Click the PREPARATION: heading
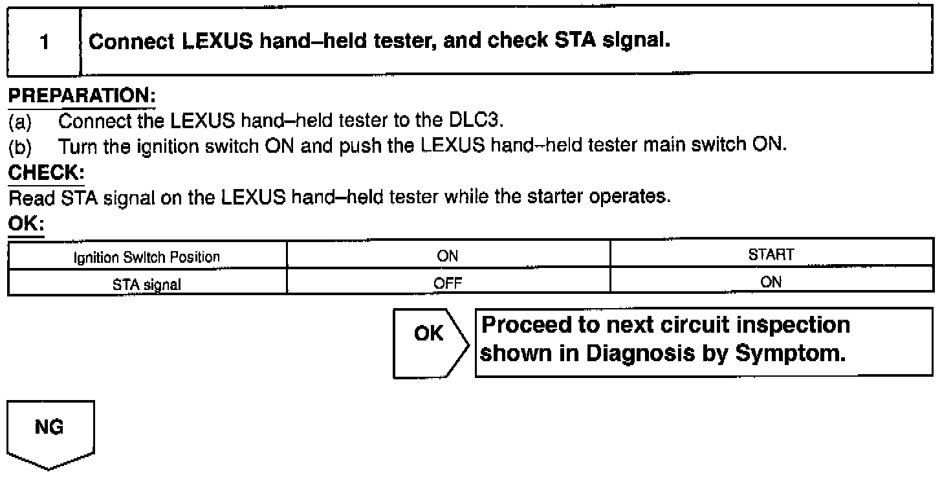point(82,96)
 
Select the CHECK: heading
point(46,173)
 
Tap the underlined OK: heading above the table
point(25,223)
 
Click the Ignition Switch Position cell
point(147,257)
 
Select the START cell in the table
point(771,255)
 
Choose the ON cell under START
point(771,282)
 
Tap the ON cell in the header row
point(448,256)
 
